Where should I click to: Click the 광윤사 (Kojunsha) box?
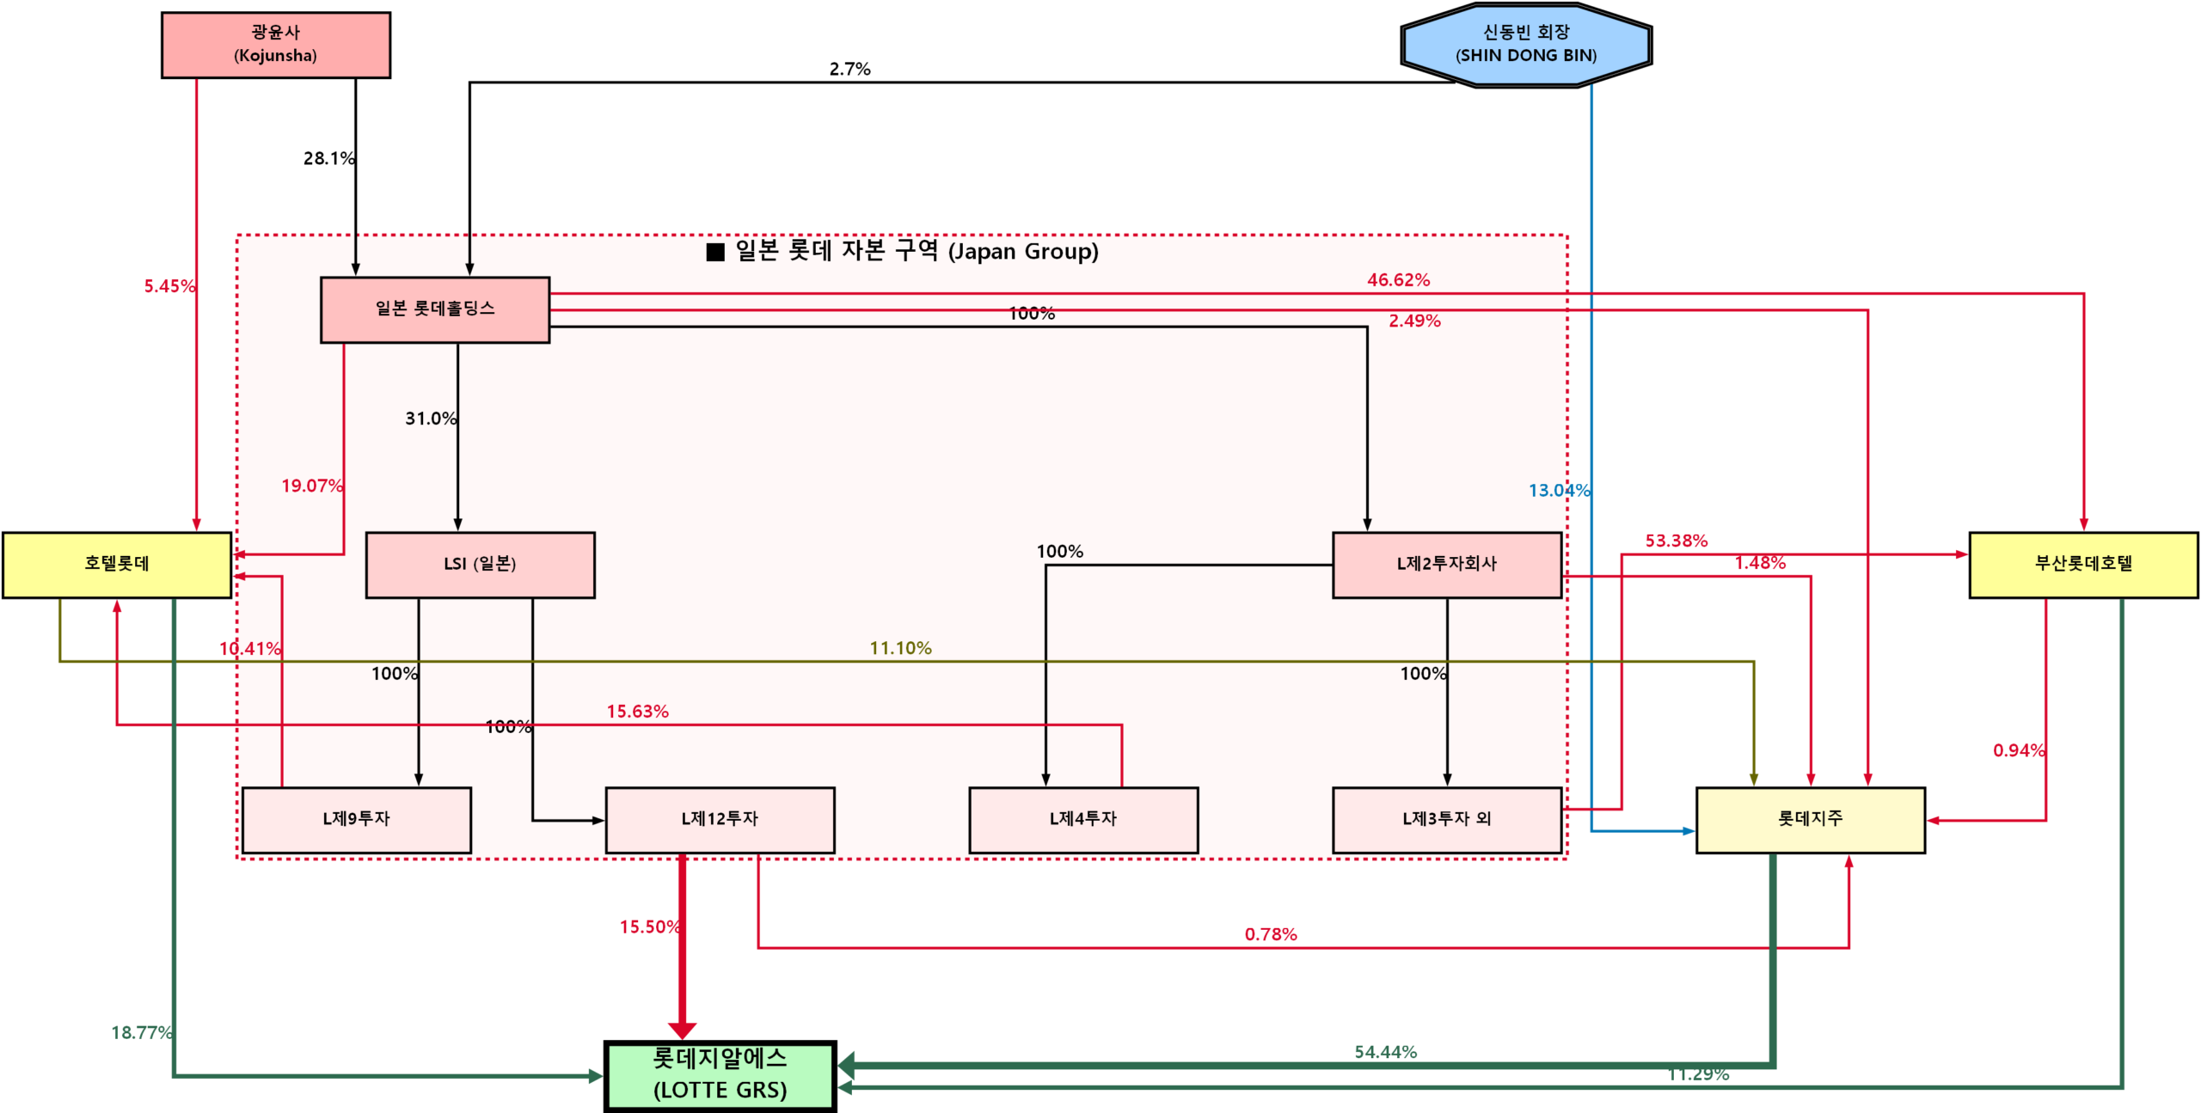[x=275, y=45]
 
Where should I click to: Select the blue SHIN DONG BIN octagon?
[x=1525, y=45]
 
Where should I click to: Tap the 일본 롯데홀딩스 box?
[x=434, y=309]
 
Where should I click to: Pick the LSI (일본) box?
[x=480, y=565]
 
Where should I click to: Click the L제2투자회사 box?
[x=1446, y=565]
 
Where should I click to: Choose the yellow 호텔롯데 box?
[x=117, y=565]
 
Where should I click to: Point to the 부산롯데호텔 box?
[x=2082, y=565]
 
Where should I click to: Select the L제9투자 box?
[x=356, y=820]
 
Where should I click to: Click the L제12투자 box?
[x=720, y=820]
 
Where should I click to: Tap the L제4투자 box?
[x=1082, y=820]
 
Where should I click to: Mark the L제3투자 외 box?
[x=1446, y=820]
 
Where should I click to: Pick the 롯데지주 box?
[x=1810, y=820]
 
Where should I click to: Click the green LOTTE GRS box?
[x=720, y=1075]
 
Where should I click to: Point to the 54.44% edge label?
[x=1385, y=1052]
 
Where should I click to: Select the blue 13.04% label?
[x=1559, y=491]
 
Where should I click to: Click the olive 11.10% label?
[x=900, y=648]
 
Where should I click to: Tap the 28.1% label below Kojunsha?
[x=328, y=158]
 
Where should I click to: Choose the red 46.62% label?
[x=1398, y=280]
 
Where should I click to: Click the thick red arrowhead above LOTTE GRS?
[x=682, y=1030]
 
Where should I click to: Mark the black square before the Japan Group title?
[x=714, y=252]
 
